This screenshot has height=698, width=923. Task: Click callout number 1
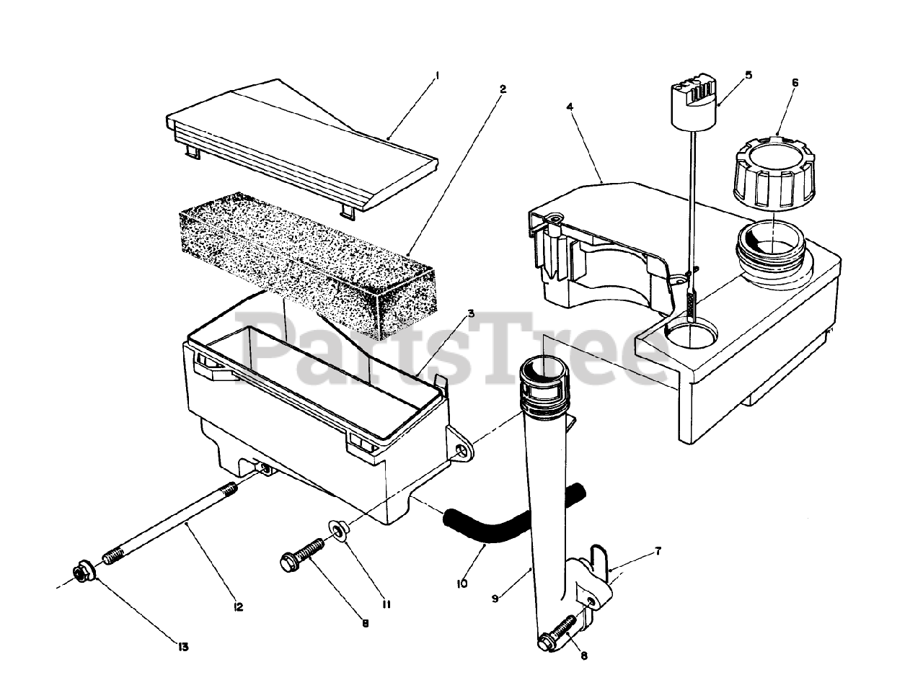coord(438,75)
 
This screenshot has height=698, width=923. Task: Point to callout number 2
coord(503,89)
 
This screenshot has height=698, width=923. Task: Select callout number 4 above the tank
coord(570,107)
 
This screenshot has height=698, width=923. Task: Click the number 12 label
coord(238,607)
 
